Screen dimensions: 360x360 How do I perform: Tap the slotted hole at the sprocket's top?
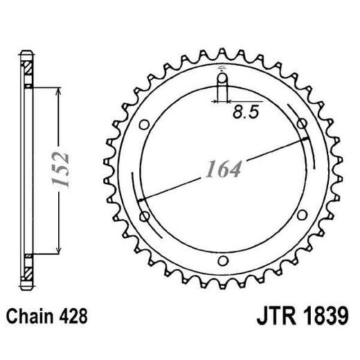tap(222, 86)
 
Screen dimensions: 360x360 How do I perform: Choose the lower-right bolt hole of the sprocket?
tap(302, 217)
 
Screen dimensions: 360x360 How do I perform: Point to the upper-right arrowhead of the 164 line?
tap(305, 141)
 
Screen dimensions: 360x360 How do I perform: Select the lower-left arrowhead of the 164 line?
tap(142, 200)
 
